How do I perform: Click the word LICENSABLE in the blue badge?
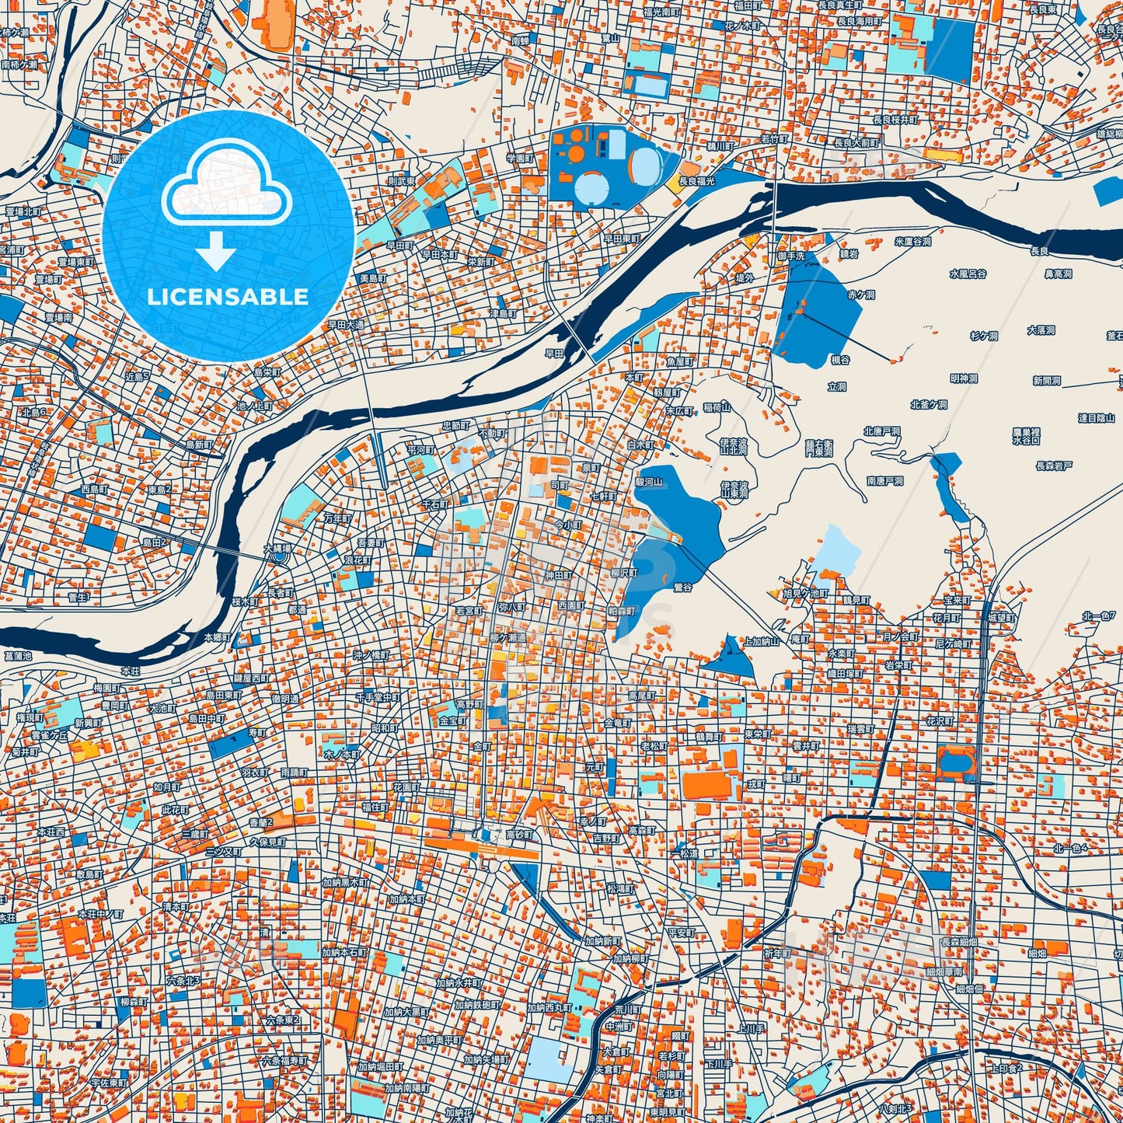tap(228, 298)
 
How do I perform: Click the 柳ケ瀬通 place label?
tap(507, 638)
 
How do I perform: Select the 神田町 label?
tap(560, 576)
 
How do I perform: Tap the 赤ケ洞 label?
tap(860, 295)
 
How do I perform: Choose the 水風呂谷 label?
tap(968, 274)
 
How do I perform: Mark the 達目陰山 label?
tap(1096, 418)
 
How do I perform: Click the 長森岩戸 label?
tap(1054, 466)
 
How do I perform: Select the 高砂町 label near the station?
tap(519, 835)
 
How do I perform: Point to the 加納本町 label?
tap(407, 899)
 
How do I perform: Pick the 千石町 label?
tap(435, 504)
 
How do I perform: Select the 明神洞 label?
tap(964, 378)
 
